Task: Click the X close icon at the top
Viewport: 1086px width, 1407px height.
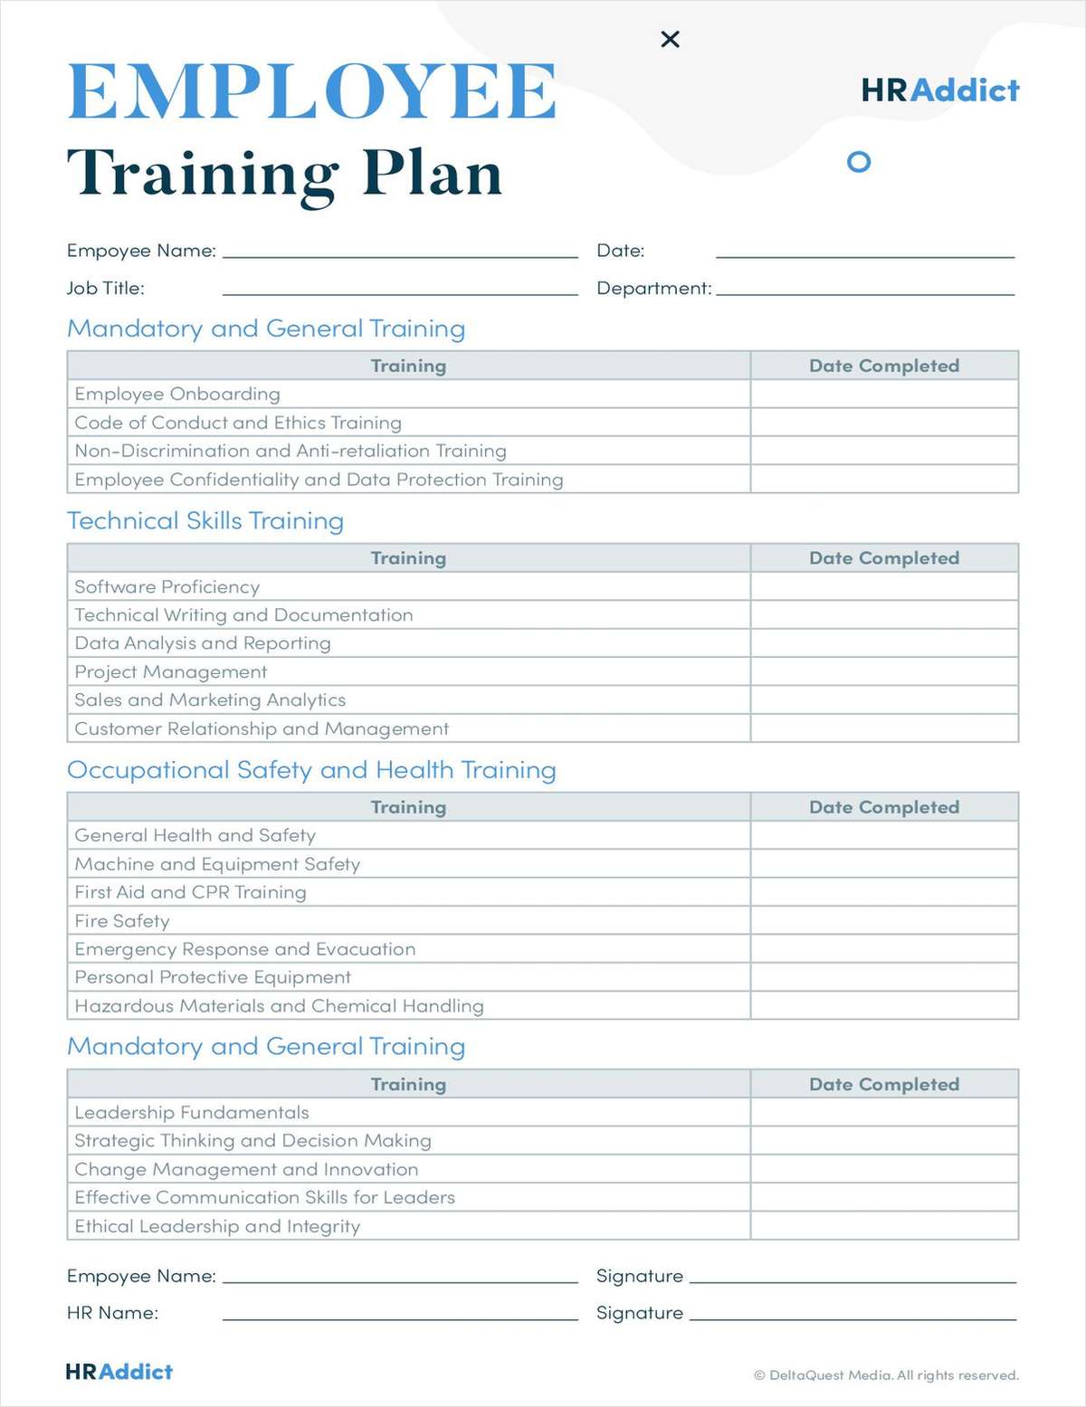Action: pyautogui.click(x=670, y=39)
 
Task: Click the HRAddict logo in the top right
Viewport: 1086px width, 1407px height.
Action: pyautogui.click(x=939, y=90)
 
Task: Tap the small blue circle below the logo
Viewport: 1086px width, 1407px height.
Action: pyautogui.click(x=858, y=162)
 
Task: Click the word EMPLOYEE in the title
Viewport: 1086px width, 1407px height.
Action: pyautogui.click(x=312, y=91)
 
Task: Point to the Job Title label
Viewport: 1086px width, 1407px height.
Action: pyautogui.click(x=105, y=289)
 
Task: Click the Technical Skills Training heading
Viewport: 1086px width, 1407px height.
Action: pyautogui.click(x=205, y=521)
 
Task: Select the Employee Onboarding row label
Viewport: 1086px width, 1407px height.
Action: pyautogui.click(x=177, y=395)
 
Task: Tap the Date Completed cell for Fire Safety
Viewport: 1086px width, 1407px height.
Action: pyautogui.click(x=884, y=921)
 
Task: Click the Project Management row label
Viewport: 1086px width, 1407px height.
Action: pyautogui.click(x=171, y=672)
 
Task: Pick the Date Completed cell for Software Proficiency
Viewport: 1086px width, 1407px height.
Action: pyautogui.click(x=884, y=587)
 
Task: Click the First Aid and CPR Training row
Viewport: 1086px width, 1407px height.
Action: pyautogui.click(x=191, y=893)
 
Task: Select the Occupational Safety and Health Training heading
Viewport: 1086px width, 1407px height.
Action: pyautogui.click(x=311, y=770)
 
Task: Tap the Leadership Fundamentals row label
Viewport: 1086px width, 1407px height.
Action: pyautogui.click(x=192, y=1113)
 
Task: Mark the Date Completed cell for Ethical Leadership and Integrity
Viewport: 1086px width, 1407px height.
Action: pyautogui.click(x=884, y=1226)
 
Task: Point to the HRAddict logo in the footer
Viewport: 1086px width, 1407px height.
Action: pyautogui.click(x=119, y=1372)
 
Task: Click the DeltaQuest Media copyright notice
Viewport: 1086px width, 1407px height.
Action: pyautogui.click(x=886, y=1375)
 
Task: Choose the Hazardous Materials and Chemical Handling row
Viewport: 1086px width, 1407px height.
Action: pyautogui.click(x=279, y=1006)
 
